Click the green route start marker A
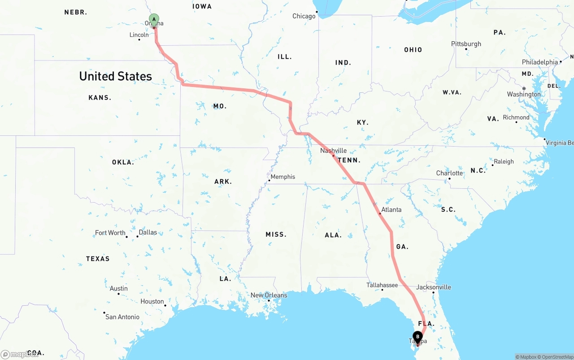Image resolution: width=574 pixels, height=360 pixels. [154, 20]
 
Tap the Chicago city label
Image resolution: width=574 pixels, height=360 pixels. [304, 16]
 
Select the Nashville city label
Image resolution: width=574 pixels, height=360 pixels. [333, 151]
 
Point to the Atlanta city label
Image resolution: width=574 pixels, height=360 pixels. [391, 209]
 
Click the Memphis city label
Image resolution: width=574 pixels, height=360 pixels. [283, 177]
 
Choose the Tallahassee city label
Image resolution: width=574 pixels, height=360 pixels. [382, 285]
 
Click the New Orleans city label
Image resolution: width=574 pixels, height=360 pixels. [269, 295]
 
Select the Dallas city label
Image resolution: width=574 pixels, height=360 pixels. [148, 232]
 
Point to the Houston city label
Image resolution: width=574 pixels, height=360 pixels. [152, 301]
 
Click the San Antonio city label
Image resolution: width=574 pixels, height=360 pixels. [122, 317]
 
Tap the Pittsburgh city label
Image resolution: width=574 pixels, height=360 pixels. [466, 44]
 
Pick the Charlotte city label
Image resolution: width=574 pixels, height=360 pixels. [449, 173]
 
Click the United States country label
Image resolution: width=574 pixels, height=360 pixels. [115, 76]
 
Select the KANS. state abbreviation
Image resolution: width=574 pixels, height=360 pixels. [100, 98]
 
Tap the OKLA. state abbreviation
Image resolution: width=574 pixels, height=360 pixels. [123, 162]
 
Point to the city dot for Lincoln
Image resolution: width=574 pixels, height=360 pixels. [139, 39]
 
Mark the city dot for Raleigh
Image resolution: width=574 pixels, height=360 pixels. [492, 165]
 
